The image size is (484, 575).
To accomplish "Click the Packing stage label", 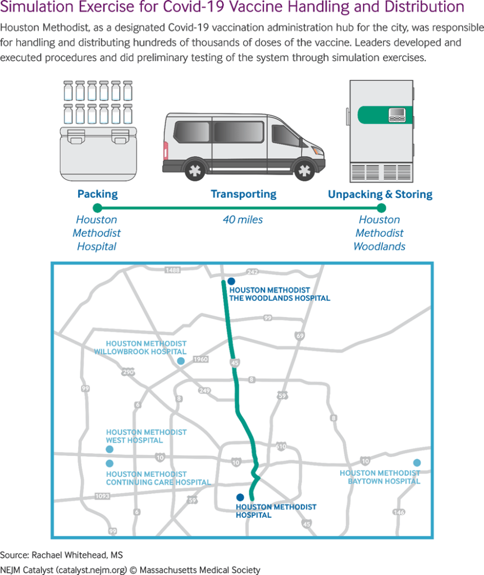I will pyautogui.click(x=98, y=194).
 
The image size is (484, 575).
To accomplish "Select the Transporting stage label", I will pyautogui.click(x=243, y=194).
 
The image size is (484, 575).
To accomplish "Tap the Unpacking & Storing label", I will pyautogui.click(x=380, y=194).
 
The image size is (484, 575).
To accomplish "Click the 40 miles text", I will pyautogui.click(x=243, y=220).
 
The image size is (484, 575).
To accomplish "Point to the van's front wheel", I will pyautogui.click(x=305, y=170).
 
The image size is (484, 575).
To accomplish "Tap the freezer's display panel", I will pyautogui.click(x=398, y=115).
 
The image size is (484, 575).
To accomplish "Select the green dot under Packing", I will pyautogui.click(x=98, y=208).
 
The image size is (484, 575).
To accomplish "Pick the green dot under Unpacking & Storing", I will pyautogui.click(x=381, y=208).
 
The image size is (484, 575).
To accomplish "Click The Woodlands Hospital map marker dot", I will pyautogui.click(x=231, y=281).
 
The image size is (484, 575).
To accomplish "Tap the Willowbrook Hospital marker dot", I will pyautogui.click(x=181, y=361).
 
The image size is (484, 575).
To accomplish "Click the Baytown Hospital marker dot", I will pyautogui.click(x=417, y=463).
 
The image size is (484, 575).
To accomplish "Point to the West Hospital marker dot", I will pyautogui.click(x=109, y=449).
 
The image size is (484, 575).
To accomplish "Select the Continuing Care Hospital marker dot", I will pyautogui.click(x=109, y=463).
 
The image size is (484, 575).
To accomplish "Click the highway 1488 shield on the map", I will pyautogui.click(x=173, y=271).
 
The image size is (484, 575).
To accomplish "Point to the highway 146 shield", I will pyautogui.click(x=399, y=512).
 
